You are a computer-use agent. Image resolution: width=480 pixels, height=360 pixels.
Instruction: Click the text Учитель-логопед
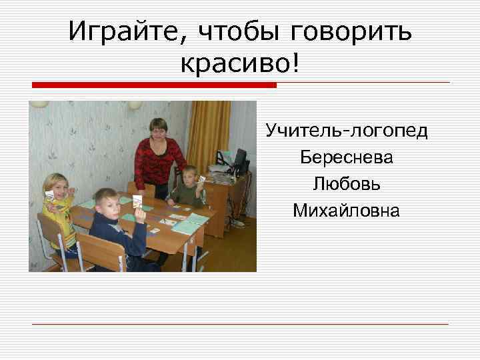click(347, 130)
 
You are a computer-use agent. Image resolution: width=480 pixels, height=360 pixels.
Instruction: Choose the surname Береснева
click(347, 157)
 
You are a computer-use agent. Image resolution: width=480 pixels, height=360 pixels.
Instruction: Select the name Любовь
click(347, 184)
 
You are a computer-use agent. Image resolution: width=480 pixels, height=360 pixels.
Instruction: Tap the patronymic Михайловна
click(347, 211)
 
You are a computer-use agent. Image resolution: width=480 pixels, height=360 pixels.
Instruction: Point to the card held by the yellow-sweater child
click(49, 195)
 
